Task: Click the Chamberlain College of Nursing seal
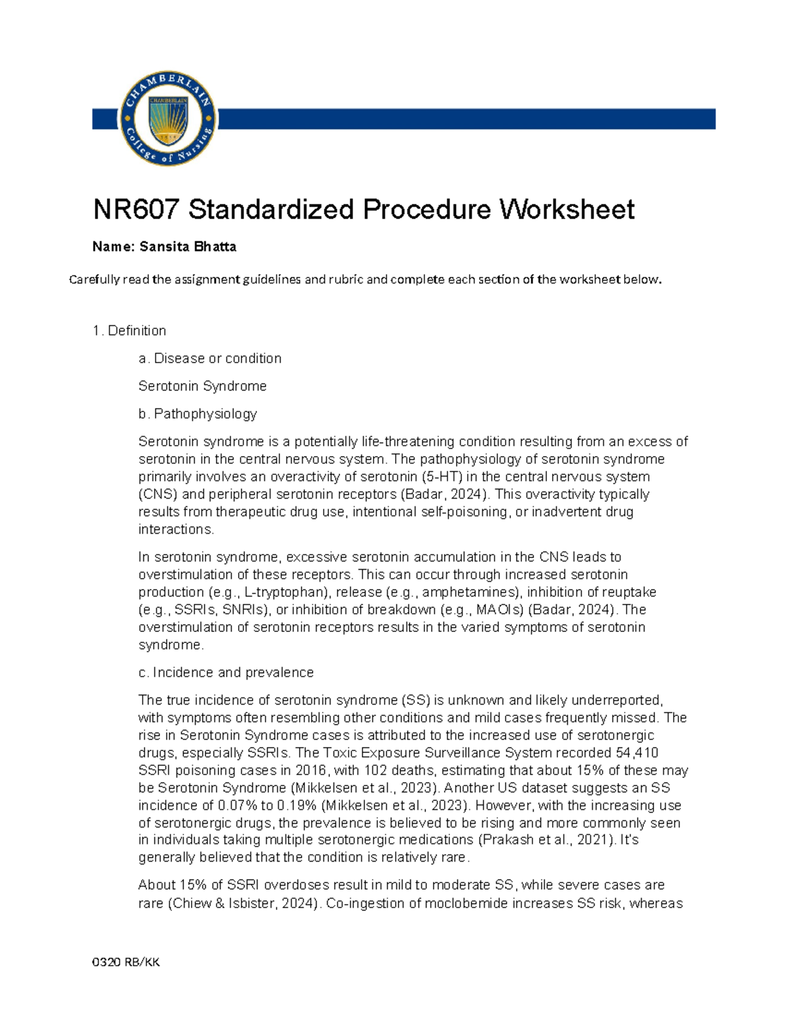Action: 168,118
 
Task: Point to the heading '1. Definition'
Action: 130,330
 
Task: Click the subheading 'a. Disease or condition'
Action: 210,359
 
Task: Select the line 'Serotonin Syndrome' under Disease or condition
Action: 202,386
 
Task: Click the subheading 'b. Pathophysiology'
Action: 198,413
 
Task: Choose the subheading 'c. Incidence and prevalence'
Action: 226,673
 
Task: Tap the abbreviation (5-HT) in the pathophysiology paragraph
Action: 443,476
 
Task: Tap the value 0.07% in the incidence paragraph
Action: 237,805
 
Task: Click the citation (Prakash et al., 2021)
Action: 547,840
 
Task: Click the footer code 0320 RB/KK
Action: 126,962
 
